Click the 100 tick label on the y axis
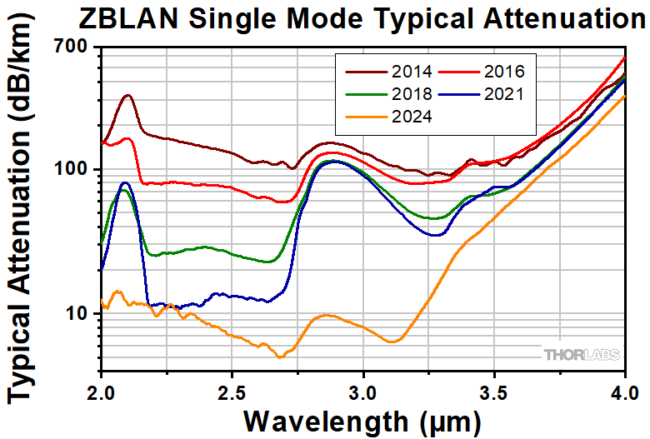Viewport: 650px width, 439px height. click(x=72, y=169)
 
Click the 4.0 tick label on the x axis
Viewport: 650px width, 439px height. click(x=623, y=392)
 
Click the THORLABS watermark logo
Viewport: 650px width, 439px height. click(x=582, y=355)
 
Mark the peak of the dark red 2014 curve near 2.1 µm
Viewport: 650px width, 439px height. click(x=127, y=95)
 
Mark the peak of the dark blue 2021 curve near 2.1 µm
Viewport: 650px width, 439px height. click(x=125, y=182)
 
